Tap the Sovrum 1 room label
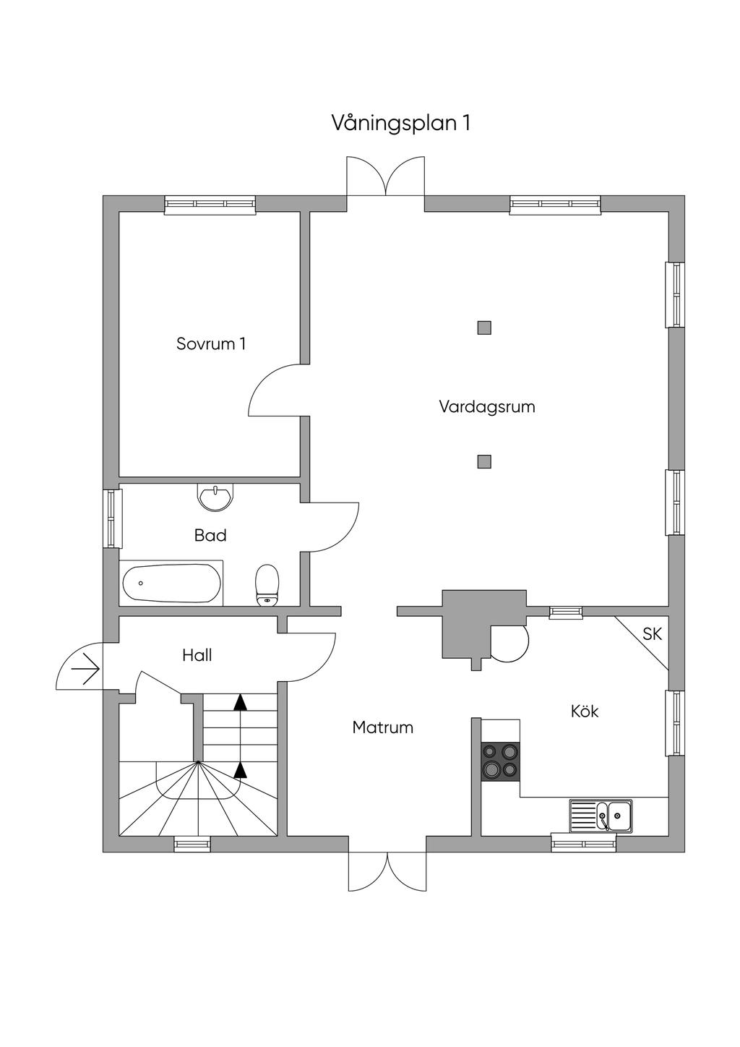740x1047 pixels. (x=211, y=344)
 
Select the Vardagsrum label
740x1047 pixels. (x=487, y=406)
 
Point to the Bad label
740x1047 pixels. (x=210, y=535)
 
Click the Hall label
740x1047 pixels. (x=197, y=655)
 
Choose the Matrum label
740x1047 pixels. (x=382, y=727)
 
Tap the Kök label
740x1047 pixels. (x=585, y=711)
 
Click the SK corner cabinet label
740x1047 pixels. (x=652, y=634)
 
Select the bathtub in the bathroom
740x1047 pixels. (x=171, y=584)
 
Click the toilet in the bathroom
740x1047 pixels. (x=267, y=585)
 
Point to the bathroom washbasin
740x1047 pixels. (x=215, y=497)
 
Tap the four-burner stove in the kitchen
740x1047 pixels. (x=500, y=761)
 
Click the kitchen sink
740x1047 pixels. (x=601, y=816)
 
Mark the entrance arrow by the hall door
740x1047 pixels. (x=85, y=671)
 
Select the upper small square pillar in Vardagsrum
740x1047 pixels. (x=484, y=328)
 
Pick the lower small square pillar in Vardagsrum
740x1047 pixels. (x=484, y=461)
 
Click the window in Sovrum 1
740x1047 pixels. (x=210, y=205)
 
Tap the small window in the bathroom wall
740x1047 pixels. (x=112, y=518)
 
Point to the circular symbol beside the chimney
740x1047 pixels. (x=510, y=644)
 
